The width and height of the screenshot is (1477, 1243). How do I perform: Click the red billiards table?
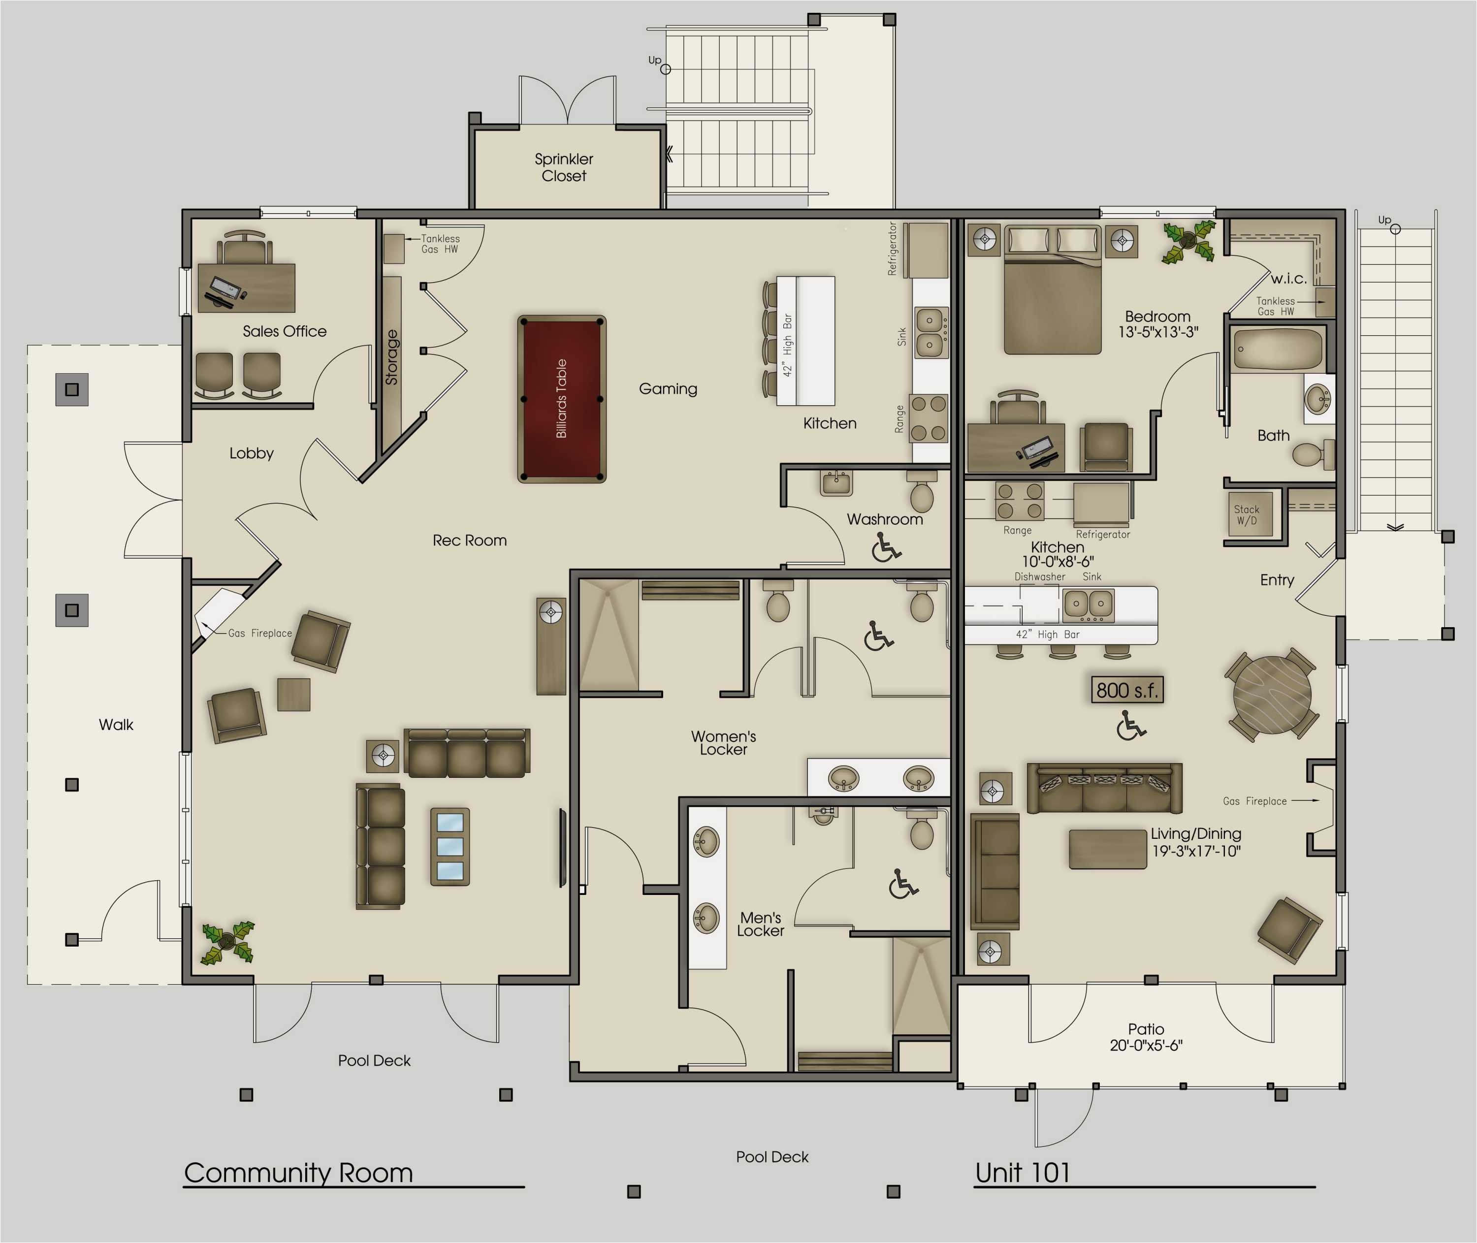tap(562, 399)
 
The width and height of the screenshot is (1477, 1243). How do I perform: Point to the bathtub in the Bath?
tap(1278, 350)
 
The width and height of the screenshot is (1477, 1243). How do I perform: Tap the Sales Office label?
tap(285, 331)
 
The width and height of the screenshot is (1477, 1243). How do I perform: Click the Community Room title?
tap(298, 1173)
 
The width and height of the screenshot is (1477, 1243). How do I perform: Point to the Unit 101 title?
tap(1023, 1173)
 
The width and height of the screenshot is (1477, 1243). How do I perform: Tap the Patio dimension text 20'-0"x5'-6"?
tap(1146, 1046)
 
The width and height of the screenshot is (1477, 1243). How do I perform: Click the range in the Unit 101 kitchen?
tap(1019, 500)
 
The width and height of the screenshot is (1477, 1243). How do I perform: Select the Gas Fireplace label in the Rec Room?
tap(259, 633)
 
